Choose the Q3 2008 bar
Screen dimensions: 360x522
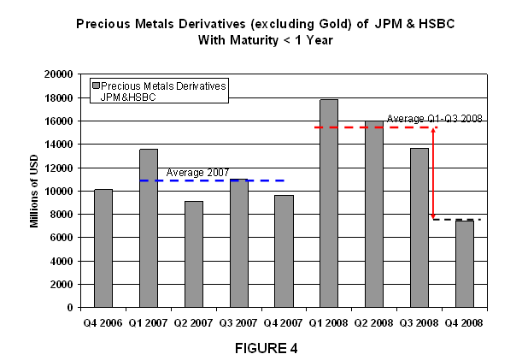pos(419,227)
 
